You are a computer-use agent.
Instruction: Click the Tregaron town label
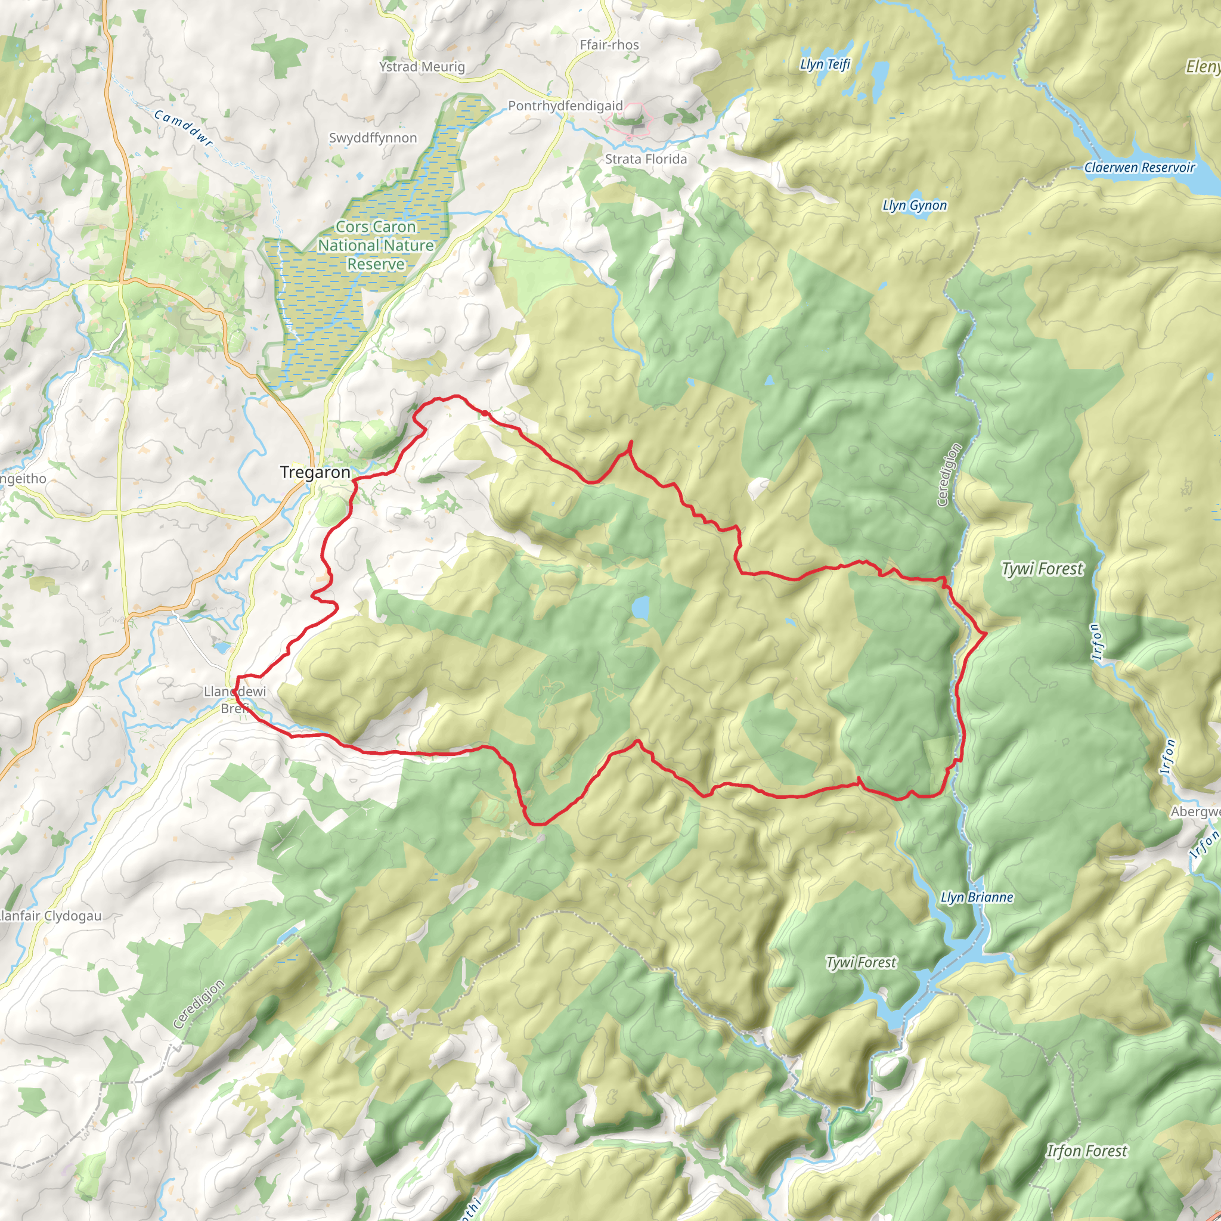pos(315,473)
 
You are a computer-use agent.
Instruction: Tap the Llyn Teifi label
pos(825,64)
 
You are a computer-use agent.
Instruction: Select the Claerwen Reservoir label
pos(1139,168)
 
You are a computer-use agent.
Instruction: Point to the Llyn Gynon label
pos(914,206)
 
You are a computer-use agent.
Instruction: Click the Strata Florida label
pos(645,159)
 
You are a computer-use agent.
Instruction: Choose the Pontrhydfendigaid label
pos(565,106)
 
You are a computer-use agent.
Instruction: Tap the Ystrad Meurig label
pos(422,67)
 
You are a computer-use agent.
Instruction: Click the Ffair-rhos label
pos(609,45)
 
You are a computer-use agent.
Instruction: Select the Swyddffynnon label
pos(372,138)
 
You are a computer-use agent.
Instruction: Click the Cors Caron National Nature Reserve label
pos(376,245)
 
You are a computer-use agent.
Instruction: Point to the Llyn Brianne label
pos(977,897)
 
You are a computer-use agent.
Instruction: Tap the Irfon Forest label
pos(1086,1151)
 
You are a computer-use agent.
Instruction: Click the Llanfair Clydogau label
pos(51,916)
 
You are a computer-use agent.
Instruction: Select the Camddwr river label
pos(183,128)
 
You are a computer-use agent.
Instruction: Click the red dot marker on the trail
pos(484,413)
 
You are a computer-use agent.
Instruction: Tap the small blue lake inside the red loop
pos(640,608)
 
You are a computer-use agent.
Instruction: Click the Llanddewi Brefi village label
pos(234,699)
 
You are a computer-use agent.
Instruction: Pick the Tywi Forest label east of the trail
pos(1042,569)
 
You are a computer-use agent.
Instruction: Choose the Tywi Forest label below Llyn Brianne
pos(861,962)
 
